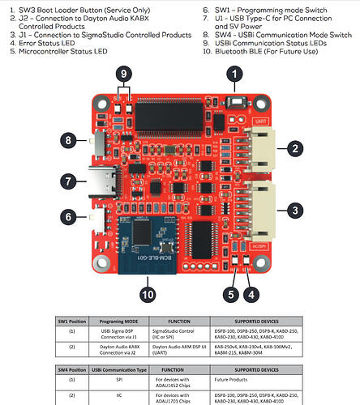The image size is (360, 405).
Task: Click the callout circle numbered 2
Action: pyautogui.click(x=296, y=147)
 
